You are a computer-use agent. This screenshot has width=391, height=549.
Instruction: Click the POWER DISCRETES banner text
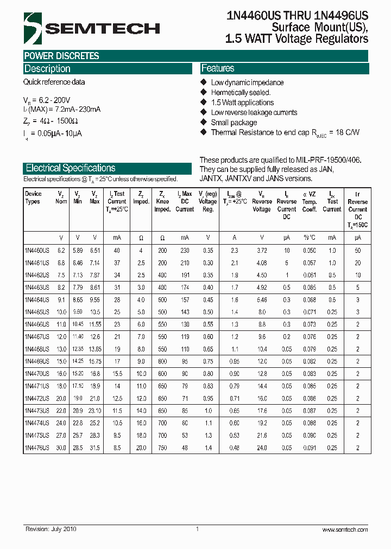click(61, 56)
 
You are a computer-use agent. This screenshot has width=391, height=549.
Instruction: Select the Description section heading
click(47, 69)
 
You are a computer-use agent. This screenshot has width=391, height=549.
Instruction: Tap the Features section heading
click(218, 68)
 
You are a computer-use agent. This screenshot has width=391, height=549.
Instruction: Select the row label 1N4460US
click(37, 251)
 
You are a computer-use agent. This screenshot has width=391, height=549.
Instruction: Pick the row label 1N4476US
click(37, 448)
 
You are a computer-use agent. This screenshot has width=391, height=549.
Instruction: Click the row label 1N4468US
click(37, 349)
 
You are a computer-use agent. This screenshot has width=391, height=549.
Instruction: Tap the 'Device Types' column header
click(33, 197)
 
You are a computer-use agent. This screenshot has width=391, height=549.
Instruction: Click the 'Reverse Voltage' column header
click(262, 201)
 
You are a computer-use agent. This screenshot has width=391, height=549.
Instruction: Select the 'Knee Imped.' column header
click(162, 201)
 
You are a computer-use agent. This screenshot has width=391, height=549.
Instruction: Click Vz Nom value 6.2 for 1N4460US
click(61, 251)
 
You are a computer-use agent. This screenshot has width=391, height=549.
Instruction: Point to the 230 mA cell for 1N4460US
click(185, 251)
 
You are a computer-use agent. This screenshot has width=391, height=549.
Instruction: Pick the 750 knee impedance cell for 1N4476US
click(162, 448)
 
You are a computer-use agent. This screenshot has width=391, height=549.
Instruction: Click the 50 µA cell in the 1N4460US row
click(357, 251)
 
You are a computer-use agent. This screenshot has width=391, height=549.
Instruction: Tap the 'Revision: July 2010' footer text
click(52, 529)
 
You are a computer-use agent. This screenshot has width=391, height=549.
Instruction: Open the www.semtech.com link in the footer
click(345, 529)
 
